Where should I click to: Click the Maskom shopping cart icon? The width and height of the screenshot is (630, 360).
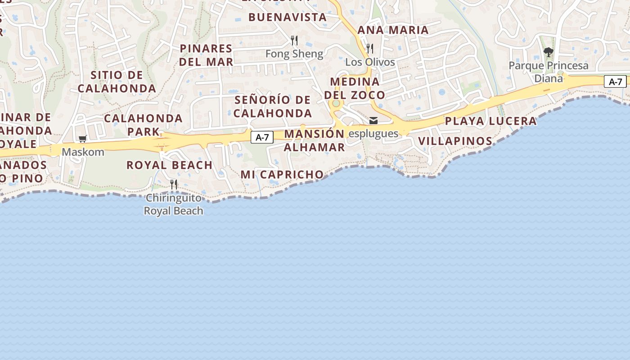(82, 139)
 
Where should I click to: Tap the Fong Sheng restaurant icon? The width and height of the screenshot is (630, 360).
(294, 40)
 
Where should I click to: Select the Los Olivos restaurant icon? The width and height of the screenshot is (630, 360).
(370, 49)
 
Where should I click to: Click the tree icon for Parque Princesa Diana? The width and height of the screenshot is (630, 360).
(548, 53)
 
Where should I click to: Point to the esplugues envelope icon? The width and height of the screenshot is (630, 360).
(373, 121)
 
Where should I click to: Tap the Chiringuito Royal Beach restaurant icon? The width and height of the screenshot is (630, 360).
(174, 184)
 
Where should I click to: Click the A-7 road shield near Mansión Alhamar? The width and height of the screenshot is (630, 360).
(262, 137)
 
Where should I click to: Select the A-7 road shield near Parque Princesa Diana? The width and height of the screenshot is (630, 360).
(615, 81)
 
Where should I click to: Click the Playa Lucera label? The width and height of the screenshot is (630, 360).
(490, 121)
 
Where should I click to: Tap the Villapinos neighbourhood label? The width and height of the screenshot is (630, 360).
(455, 141)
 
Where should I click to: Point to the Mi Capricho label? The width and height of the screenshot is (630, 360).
(282, 175)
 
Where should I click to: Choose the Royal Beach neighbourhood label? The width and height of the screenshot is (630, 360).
(169, 165)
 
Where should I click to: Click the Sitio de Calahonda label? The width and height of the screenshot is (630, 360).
(117, 82)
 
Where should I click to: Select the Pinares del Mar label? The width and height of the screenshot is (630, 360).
(206, 55)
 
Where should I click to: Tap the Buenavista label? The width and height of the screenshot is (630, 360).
(287, 17)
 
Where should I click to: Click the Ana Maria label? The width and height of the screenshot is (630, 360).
(393, 30)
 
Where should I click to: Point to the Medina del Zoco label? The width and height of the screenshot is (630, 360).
(355, 88)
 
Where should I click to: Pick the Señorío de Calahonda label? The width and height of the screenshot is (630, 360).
(273, 106)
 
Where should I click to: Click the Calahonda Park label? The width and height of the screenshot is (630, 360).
(143, 125)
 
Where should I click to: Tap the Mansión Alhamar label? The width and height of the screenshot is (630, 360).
(314, 140)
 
